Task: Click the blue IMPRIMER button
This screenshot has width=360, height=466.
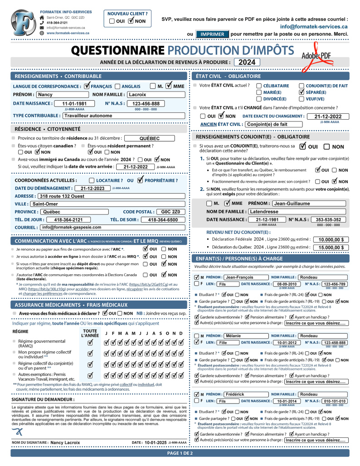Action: pyautogui.click(x=212, y=34)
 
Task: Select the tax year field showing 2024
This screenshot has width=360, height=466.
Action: pyautogui.click(x=248, y=62)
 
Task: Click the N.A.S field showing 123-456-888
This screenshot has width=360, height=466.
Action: pyautogui.click(x=146, y=103)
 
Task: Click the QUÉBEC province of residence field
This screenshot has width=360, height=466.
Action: pyautogui.click(x=149, y=139)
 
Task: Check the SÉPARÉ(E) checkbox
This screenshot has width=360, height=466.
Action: pyautogui.click(x=302, y=92)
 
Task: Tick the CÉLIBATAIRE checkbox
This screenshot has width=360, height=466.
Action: pyautogui.click(x=259, y=86)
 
